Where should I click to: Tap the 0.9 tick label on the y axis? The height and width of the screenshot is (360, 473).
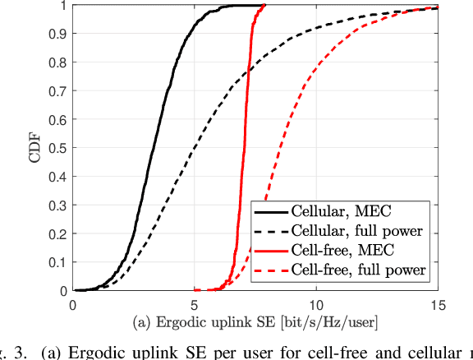(x=57, y=35)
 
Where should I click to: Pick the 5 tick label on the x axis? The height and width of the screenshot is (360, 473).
(x=195, y=305)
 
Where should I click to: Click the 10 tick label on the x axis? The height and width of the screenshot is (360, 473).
(x=316, y=305)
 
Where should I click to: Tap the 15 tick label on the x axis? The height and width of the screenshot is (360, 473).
(x=437, y=305)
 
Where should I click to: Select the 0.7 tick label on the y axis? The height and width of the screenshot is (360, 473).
(x=57, y=91)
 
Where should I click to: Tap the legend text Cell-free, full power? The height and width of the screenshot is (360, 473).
(x=364, y=269)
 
